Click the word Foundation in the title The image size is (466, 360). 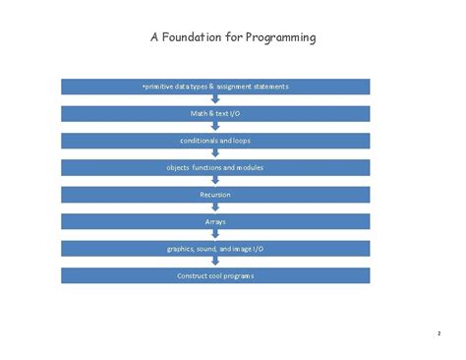pyautogui.click(x=192, y=37)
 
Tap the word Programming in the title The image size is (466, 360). pyautogui.click(x=281, y=38)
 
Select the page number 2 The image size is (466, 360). pyautogui.click(x=439, y=333)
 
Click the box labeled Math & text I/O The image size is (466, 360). pyautogui.click(x=215, y=114)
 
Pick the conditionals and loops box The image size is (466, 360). pyautogui.click(x=215, y=141)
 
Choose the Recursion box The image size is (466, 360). pyautogui.click(x=215, y=195)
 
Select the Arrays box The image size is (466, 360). pyautogui.click(x=215, y=221)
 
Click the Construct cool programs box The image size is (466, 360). pyautogui.click(x=215, y=275)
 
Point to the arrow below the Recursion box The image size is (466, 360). pyautogui.click(x=215, y=207)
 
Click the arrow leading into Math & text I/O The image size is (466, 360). pyautogui.click(x=215, y=98)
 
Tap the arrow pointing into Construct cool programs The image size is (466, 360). pyautogui.click(x=215, y=261)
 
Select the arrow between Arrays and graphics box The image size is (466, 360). pyautogui.click(x=215, y=234)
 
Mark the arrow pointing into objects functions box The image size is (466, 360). pyautogui.click(x=215, y=152)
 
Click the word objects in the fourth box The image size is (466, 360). pyautogui.click(x=178, y=168)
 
